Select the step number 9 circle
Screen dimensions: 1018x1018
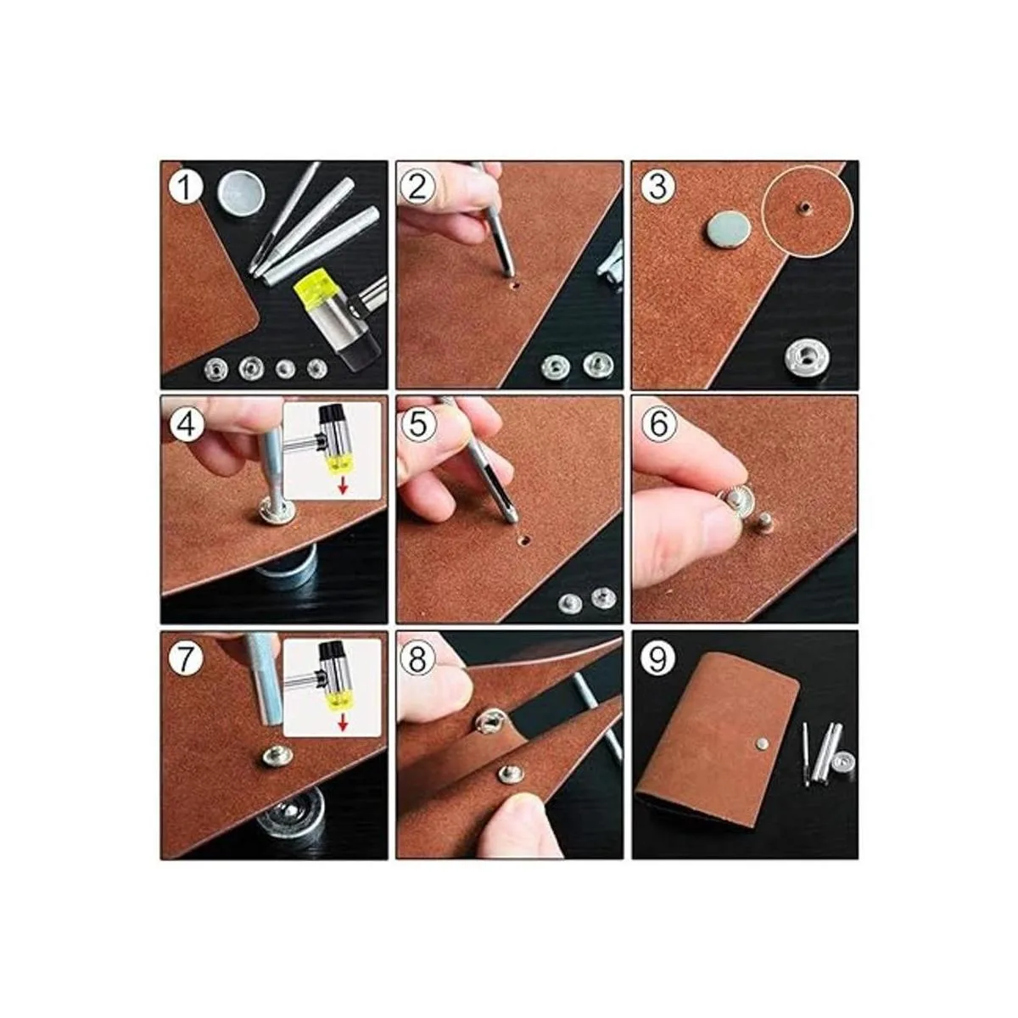click(657, 659)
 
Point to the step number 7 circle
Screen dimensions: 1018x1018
click(184, 659)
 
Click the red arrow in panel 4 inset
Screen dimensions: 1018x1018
click(343, 485)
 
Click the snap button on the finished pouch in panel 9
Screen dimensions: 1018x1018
click(762, 743)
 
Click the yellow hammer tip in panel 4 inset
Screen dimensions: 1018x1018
click(340, 463)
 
